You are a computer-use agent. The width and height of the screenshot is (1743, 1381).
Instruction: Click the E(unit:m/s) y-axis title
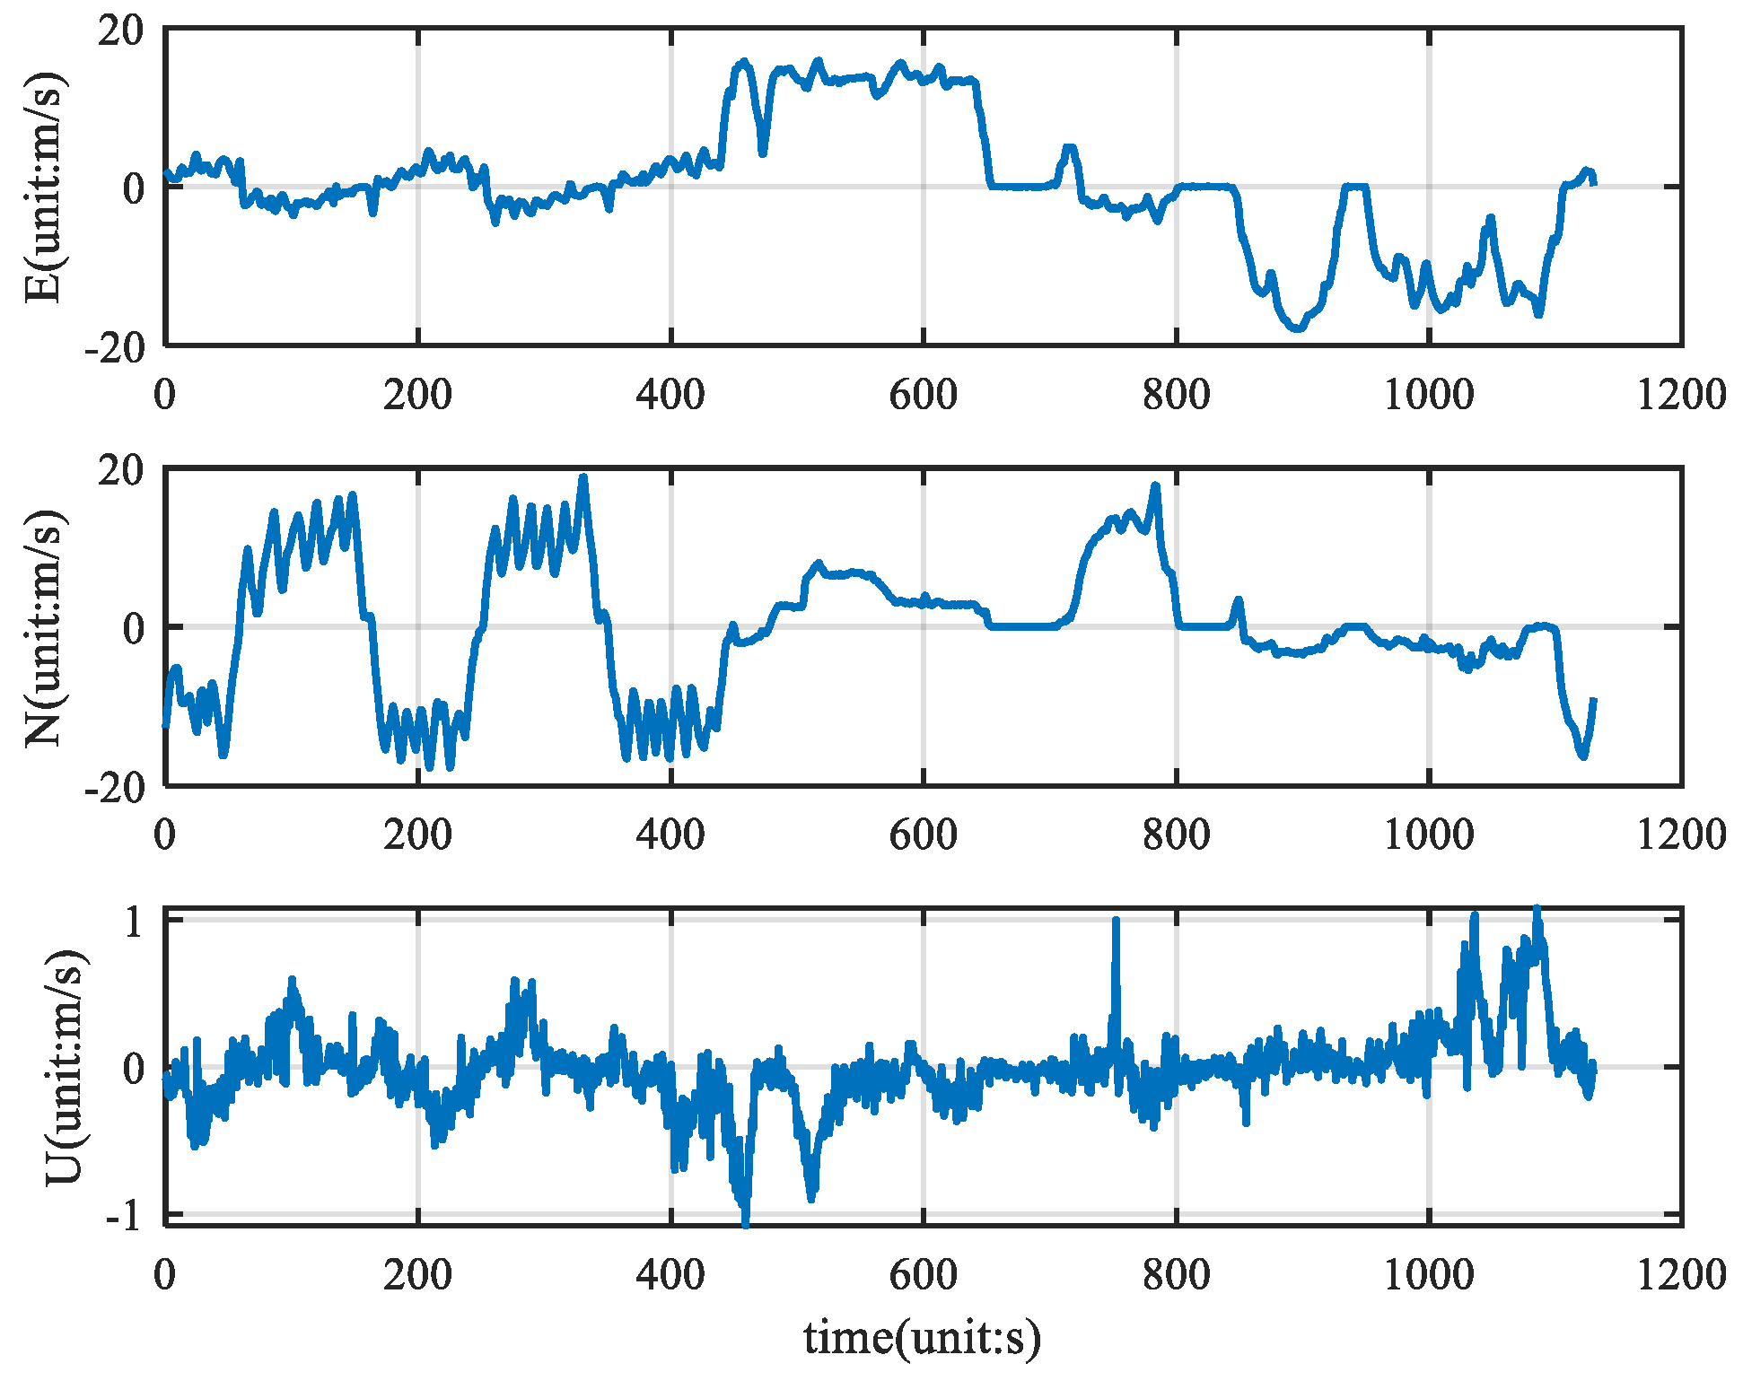point(43,187)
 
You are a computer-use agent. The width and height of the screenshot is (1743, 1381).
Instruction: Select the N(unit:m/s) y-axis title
point(43,628)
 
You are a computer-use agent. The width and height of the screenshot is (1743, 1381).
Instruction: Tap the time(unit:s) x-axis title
point(922,1338)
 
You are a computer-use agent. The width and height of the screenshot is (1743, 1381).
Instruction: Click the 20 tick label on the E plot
point(120,31)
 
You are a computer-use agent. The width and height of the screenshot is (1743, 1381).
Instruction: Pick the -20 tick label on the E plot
point(114,347)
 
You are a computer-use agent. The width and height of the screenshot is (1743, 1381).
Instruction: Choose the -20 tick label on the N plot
point(114,788)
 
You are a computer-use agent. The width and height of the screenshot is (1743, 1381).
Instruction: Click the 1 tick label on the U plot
point(134,922)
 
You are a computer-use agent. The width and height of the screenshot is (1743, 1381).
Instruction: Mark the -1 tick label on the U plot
point(125,1217)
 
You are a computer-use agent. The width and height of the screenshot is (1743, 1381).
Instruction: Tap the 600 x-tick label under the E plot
point(924,395)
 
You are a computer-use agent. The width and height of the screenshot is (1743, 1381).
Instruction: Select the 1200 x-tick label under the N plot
point(1681,835)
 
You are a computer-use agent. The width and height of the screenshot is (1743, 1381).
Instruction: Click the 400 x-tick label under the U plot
point(670,1274)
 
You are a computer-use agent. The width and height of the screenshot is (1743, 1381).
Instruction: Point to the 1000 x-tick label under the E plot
point(1429,395)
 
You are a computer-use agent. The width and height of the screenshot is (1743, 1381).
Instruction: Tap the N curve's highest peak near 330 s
point(583,478)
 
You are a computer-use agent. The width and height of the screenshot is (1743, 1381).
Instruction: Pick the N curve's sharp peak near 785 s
point(1156,486)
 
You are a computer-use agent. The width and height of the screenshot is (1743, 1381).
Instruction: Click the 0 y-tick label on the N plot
point(134,628)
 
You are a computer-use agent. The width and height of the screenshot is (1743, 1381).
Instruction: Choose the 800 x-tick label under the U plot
point(1176,1274)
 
